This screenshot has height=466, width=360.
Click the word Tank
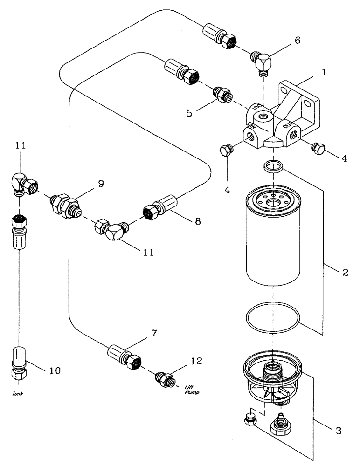tap(17, 393)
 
